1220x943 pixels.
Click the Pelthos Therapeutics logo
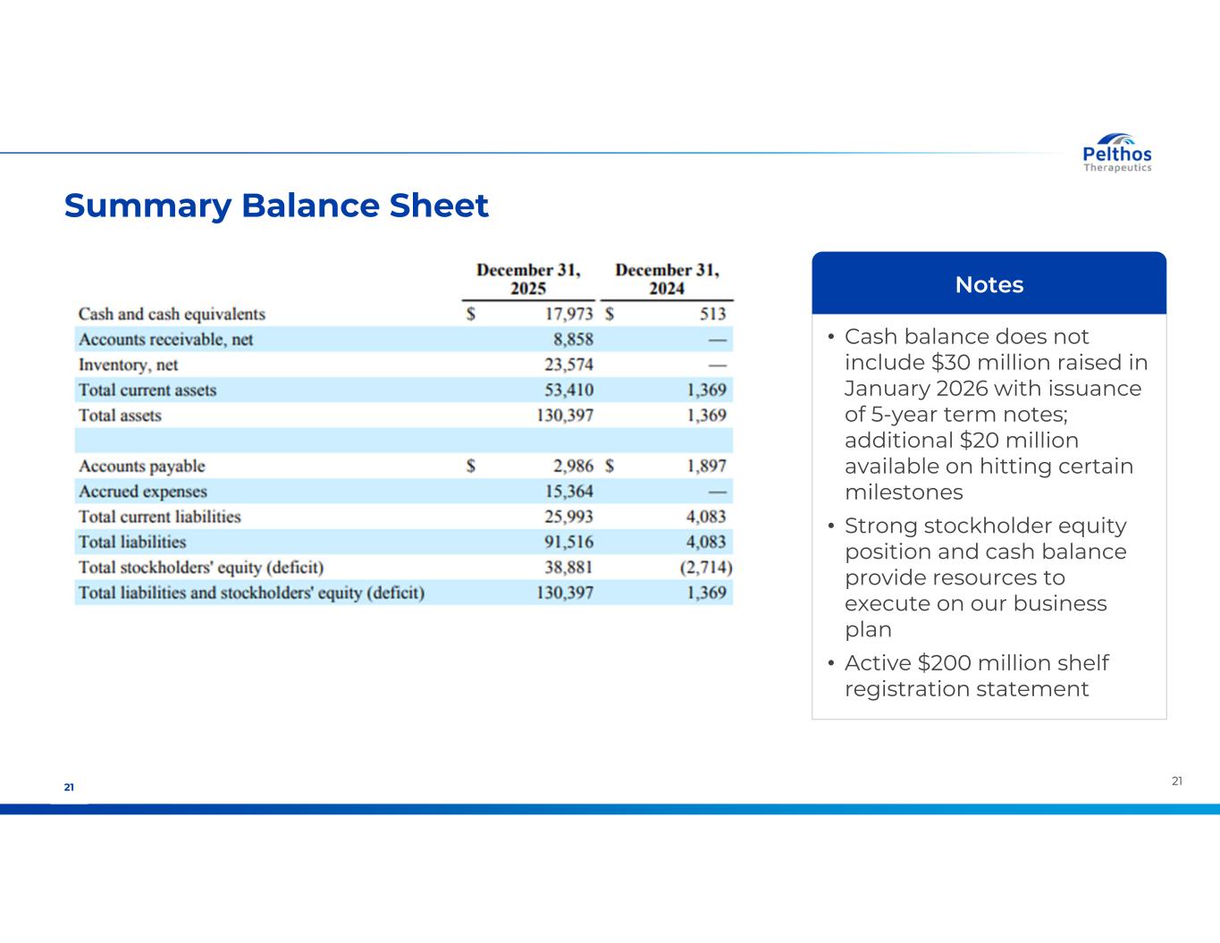[x=1117, y=154]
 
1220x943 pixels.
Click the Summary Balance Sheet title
[x=276, y=206]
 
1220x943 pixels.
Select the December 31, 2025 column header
[x=528, y=279]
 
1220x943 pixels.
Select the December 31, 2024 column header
[x=667, y=279]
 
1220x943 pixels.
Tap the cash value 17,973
[x=568, y=314]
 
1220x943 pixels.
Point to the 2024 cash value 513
[x=713, y=314]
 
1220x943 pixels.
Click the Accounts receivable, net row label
[x=165, y=340]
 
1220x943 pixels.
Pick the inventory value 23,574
[x=568, y=365]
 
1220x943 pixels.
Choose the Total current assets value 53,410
[x=568, y=390]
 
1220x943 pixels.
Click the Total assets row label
[x=120, y=416]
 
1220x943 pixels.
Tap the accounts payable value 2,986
[x=573, y=466]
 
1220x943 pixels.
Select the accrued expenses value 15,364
[x=568, y=492]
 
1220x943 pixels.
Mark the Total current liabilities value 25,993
[x=568, y=517]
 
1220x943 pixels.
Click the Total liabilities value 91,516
[x=568, y=542]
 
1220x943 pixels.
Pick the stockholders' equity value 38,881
[x=568, y=568]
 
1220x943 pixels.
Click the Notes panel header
[x=989, y=284]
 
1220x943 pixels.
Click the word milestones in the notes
[x=904, y=493]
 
